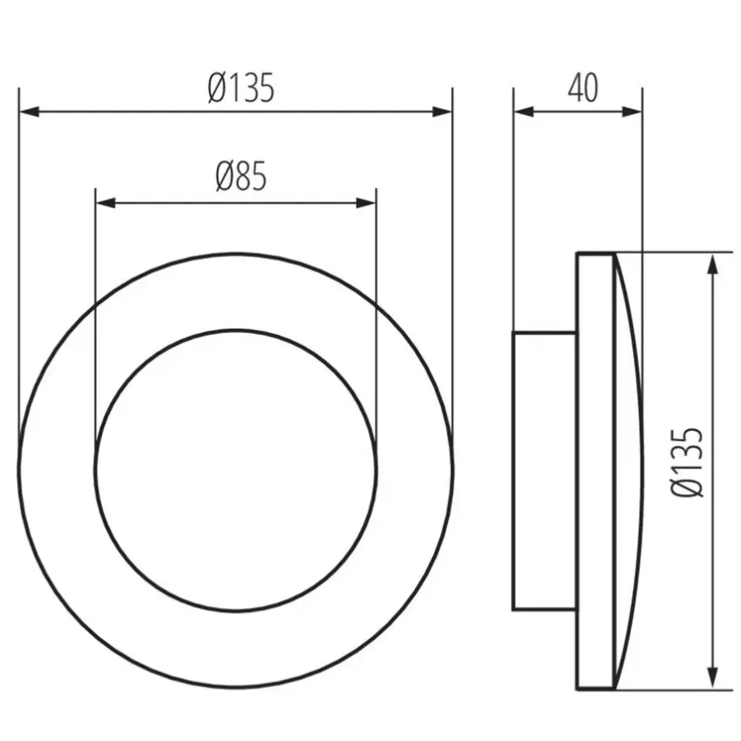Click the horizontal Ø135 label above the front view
click(x=241, y=87)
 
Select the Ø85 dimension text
click(x=241, y=176)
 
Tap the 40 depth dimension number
click(x=582, y=88)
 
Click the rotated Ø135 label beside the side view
click(x=687, y=462)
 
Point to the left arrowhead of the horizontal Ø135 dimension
click(x=29, y=112)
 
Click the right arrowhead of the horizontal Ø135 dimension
click(x=442, y=112)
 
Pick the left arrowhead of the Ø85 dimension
click(x=105, y=203)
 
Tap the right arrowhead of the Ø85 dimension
click(x=366, y=203)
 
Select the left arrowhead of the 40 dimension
click(x=524, y=112)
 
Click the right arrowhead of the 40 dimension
click(x=632, y=112)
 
